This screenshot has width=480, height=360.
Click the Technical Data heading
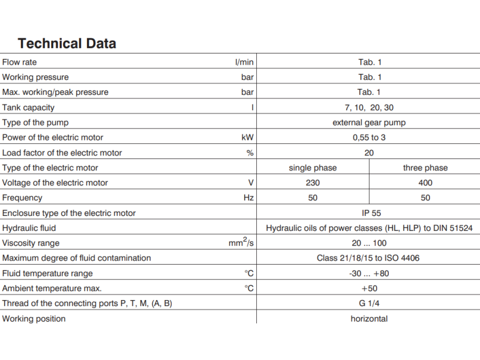click(x=67, y=43)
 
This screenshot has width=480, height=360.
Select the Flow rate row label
click(x=20, y=62)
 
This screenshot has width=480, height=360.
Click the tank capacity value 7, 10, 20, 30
click(x=369, y=107)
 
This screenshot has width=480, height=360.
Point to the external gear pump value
click(x=369, y=122)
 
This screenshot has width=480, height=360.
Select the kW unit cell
click(x=247, y=137)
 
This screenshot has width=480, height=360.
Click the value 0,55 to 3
click(x=369, y=137)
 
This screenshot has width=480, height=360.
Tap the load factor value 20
click(x=369, y=152)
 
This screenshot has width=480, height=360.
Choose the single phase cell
click(x=313, y=168)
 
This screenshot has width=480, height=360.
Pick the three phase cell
click(x=425, y=168)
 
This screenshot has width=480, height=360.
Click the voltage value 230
click(x=313, y=183)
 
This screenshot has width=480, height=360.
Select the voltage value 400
click(x=425, y=183)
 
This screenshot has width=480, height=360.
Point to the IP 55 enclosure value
click(x=369, y=213)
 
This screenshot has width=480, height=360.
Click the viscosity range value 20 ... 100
click(x=369, y=243)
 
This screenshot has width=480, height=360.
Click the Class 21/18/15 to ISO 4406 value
click(x=369, y=258)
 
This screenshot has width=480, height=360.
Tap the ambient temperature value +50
click(x=369, y=289)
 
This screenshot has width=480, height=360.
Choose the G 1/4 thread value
click(x=369, y=304)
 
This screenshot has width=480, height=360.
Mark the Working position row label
click(x=34, y=319)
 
